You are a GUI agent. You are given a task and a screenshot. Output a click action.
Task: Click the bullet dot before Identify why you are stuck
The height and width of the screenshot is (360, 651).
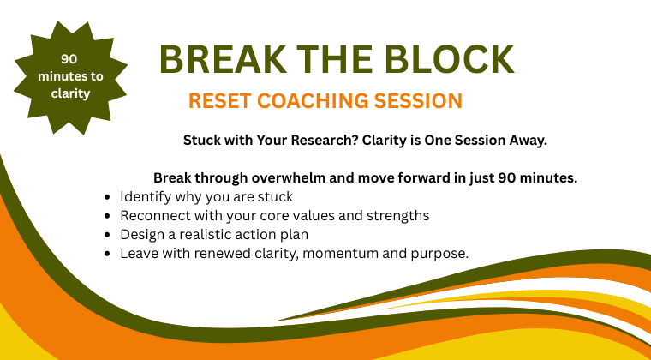pos(106,197)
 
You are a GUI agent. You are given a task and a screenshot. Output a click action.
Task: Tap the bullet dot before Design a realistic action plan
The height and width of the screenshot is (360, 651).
pos(106,235)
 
